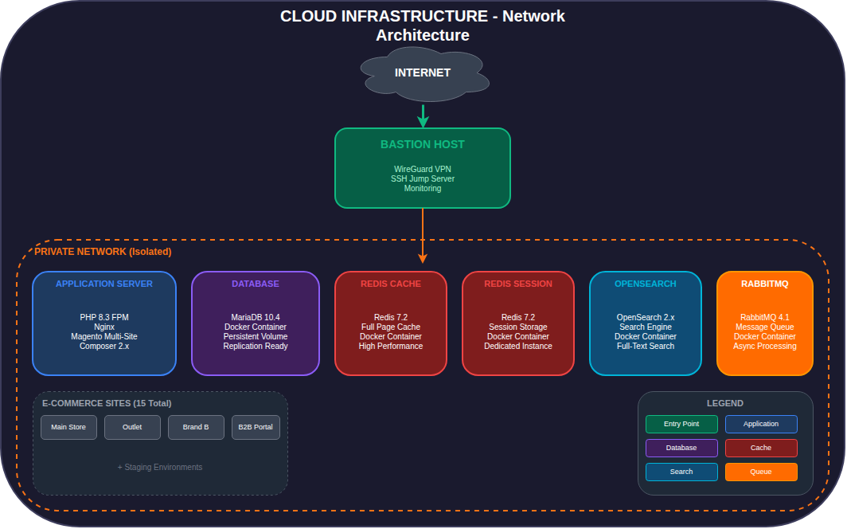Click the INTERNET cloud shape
423,73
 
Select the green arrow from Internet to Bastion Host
423,116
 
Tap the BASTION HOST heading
423,145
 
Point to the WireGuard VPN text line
423,169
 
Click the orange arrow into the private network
423,236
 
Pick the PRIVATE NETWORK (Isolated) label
103,252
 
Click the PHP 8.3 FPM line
104,317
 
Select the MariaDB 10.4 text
256,317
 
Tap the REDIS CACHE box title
391,284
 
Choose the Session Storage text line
518,327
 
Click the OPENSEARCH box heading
646,284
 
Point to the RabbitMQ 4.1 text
765,317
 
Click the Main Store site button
68,427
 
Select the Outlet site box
132,427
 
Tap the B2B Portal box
256,427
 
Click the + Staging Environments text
160,467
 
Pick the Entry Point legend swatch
681,424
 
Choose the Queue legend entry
761,472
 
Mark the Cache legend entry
761,448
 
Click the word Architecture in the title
423,35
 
